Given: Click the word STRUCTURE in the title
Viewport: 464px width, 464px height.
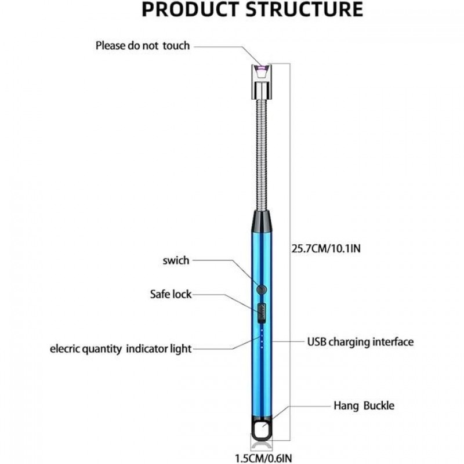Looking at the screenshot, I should [302, 9].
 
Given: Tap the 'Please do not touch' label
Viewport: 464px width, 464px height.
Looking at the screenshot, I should [143, 45].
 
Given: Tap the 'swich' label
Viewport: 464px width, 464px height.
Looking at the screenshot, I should [176, 260].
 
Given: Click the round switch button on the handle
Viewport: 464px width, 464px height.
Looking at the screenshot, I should [262, 288].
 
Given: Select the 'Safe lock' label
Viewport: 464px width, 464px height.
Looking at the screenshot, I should [171, 294].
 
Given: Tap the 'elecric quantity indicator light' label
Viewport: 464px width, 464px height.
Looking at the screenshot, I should [121, 349].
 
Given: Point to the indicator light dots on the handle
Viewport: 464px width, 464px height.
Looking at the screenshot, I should [262, 339].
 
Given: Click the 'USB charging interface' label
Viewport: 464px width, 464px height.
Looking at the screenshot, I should [360, 342].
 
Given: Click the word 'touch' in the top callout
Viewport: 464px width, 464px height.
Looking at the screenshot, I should [176, 45].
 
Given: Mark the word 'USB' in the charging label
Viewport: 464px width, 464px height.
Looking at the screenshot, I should [317, 342].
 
